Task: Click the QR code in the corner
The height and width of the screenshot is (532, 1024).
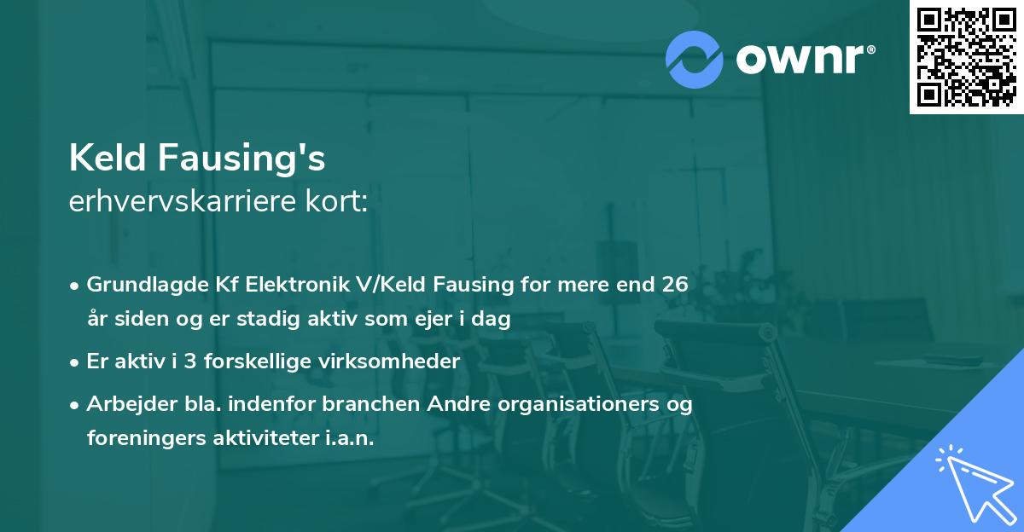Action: pos(967,56)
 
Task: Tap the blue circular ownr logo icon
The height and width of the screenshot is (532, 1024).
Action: pos(695,59)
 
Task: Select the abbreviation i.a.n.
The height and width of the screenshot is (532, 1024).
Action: pos(350,437)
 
